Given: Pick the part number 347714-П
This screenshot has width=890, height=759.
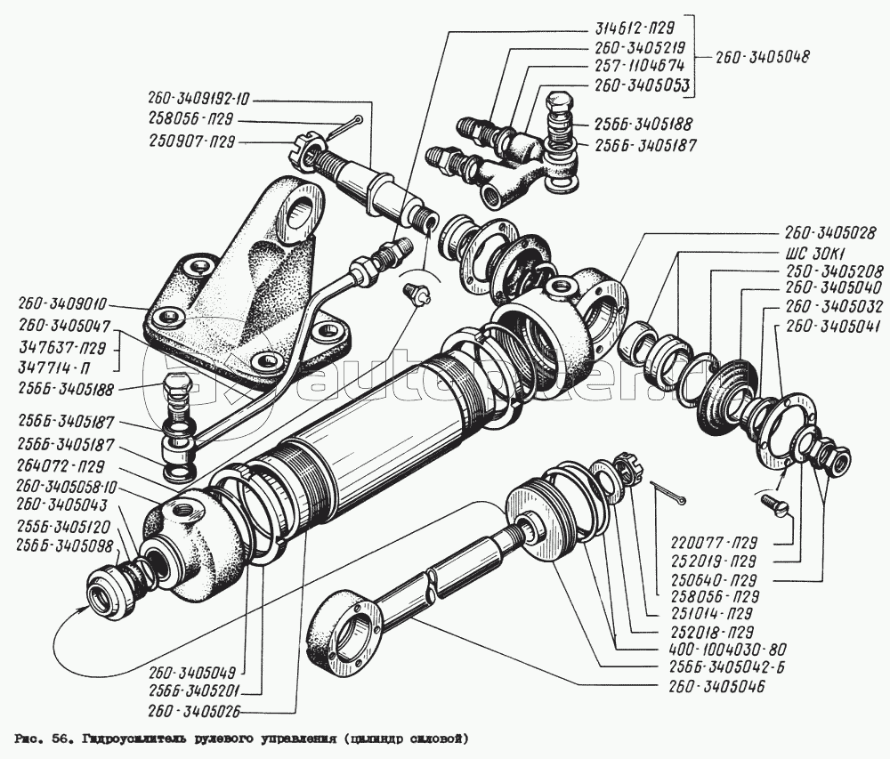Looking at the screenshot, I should click(60, 365).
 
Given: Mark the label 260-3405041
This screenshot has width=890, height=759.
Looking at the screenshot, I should click(829, 327).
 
